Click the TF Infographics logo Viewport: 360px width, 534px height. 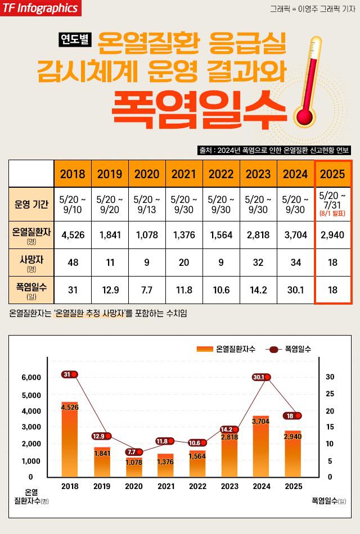click(40, 8)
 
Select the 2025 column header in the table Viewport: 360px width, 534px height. click(332, 174)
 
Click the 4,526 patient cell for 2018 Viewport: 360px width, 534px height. click(73, 234)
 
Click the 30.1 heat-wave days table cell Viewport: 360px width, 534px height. click(295, 289)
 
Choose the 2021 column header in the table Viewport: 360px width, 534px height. click(184, 174)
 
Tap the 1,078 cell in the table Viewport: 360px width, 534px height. click(147, 234)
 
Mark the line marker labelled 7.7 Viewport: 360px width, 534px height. click(133, 452)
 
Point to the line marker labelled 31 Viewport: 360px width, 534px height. click(70, 374)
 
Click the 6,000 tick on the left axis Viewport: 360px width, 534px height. click(31, 377)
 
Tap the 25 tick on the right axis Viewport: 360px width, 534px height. click(330, 393)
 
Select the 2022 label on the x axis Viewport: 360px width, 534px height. click(198, 486)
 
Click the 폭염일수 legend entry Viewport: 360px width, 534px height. click(290, 349)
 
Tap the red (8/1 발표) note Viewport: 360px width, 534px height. click(332, 214)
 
